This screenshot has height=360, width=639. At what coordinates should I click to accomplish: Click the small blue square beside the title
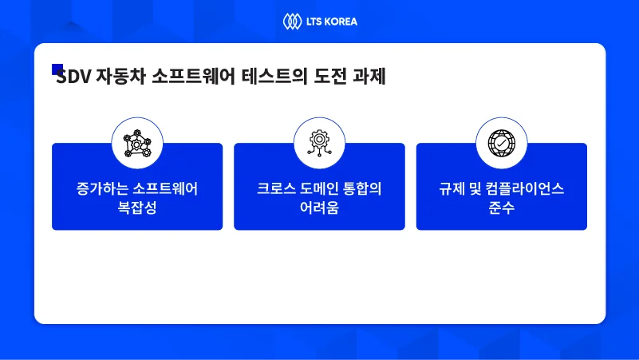(57, 69)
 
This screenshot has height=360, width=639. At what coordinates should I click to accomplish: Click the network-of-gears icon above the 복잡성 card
(137, 144)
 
